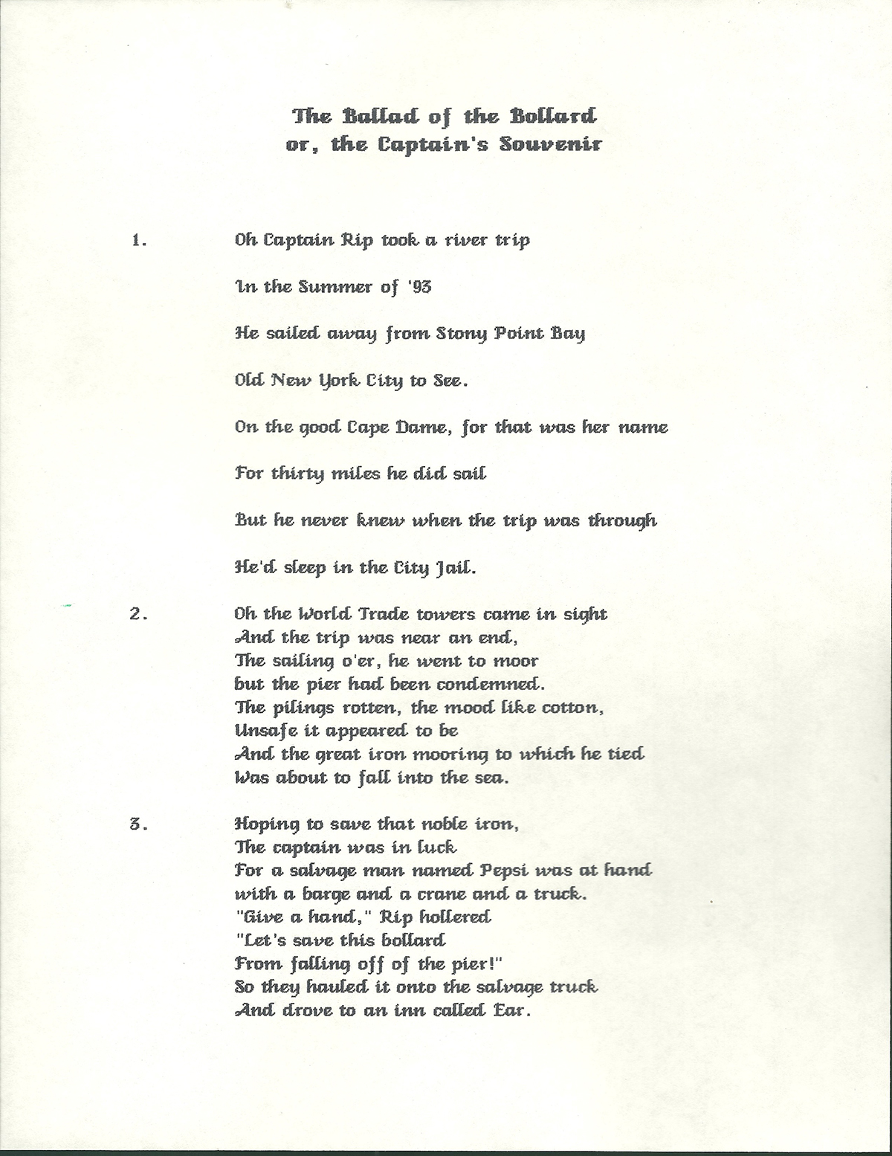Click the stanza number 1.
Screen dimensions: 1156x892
coord(138,240)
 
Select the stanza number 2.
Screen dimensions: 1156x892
coord(138,615)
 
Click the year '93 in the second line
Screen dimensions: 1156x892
coord(418,287)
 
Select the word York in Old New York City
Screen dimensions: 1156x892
coord(339,381)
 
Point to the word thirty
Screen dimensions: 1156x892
coord(298,474)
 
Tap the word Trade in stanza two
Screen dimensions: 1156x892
coord(384,615)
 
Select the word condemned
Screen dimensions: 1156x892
coord(488,685)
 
